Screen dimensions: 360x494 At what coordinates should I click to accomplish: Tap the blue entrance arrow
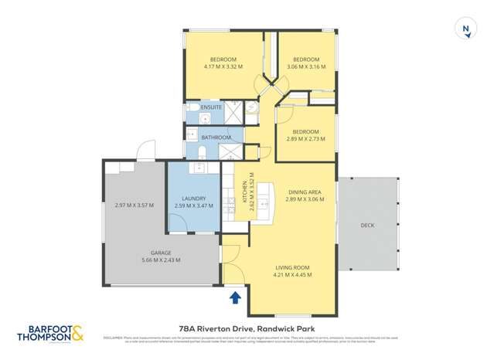(x=236, y=296)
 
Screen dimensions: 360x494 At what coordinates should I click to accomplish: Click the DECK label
(x=367, y=226)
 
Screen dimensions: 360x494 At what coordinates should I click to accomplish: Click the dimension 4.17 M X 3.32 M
(x=222, y=67)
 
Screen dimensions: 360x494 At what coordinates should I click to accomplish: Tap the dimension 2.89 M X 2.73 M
(x=305, y=139)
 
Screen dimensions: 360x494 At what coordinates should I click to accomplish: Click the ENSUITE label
(x=211, y=107)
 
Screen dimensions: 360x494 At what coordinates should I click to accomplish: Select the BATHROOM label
(x=216, y=138)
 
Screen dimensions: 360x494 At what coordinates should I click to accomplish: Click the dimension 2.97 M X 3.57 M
(x=134, y=205)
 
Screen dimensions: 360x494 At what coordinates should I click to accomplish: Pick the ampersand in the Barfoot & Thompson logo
(x=80, y=333)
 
